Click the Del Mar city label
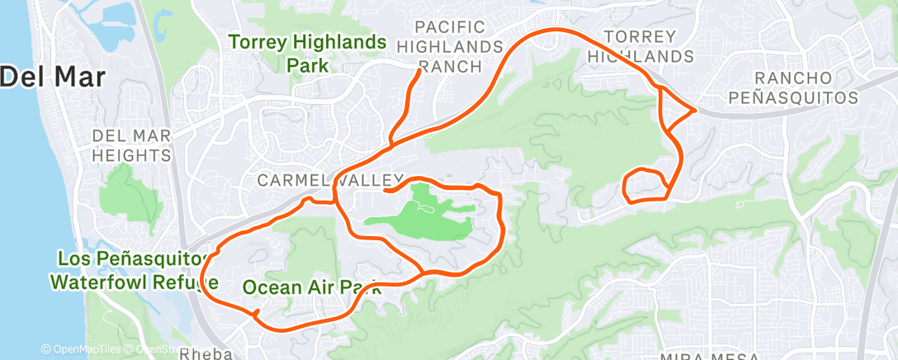coord(53,78)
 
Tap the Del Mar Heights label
coord(131,144)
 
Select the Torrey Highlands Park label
coord(307,53)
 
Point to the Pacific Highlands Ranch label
coord(459,46)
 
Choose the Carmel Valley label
coord(329,179)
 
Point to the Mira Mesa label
coord(701,356)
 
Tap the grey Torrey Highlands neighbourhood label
coord(648,46)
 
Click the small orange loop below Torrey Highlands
coord(645,185)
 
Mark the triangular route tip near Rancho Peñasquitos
coord(695,110)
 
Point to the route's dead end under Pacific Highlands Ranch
coord(420,70)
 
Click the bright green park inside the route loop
coord(421,215)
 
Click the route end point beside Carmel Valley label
coord(385,191)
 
